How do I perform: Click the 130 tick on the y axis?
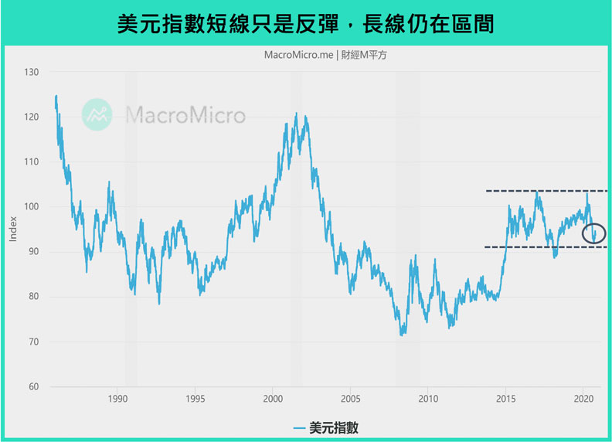32,73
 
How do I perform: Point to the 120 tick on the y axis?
32,117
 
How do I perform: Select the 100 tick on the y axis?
32,207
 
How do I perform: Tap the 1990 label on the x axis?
117,399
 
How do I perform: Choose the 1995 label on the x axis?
195,399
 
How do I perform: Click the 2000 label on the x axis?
273,399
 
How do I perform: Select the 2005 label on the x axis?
350,399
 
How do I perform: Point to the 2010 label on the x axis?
428,399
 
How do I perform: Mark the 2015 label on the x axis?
505,399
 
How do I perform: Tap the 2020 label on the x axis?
583,399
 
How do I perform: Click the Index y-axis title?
13,229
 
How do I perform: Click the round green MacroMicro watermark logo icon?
97,114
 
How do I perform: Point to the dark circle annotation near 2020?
594,233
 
